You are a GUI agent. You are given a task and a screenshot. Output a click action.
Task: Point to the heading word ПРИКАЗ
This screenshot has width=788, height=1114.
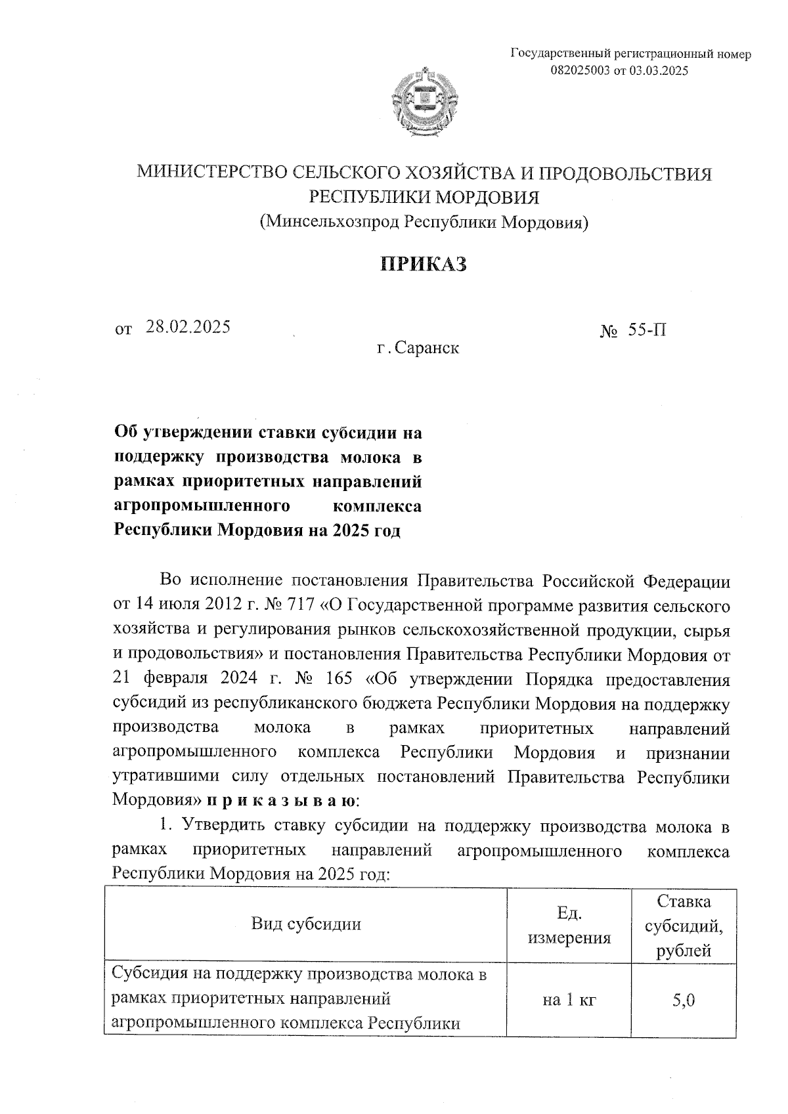click(x=424, y=264)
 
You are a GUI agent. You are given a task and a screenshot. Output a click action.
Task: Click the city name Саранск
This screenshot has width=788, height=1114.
click(x=427, y=348)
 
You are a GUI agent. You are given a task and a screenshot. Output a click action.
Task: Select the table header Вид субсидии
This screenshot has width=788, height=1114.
click(x=306, y=924)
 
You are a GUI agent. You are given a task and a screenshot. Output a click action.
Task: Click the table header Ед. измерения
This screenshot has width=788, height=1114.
click(x=569, y=925)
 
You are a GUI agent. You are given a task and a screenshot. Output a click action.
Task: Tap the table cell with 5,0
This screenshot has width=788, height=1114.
click(x=684, y=1000)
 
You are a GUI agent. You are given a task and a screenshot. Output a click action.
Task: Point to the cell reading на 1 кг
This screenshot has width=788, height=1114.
click(x=569, y=1000)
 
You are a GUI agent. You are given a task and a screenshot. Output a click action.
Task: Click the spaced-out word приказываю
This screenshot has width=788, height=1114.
click(x=282, y=801)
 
